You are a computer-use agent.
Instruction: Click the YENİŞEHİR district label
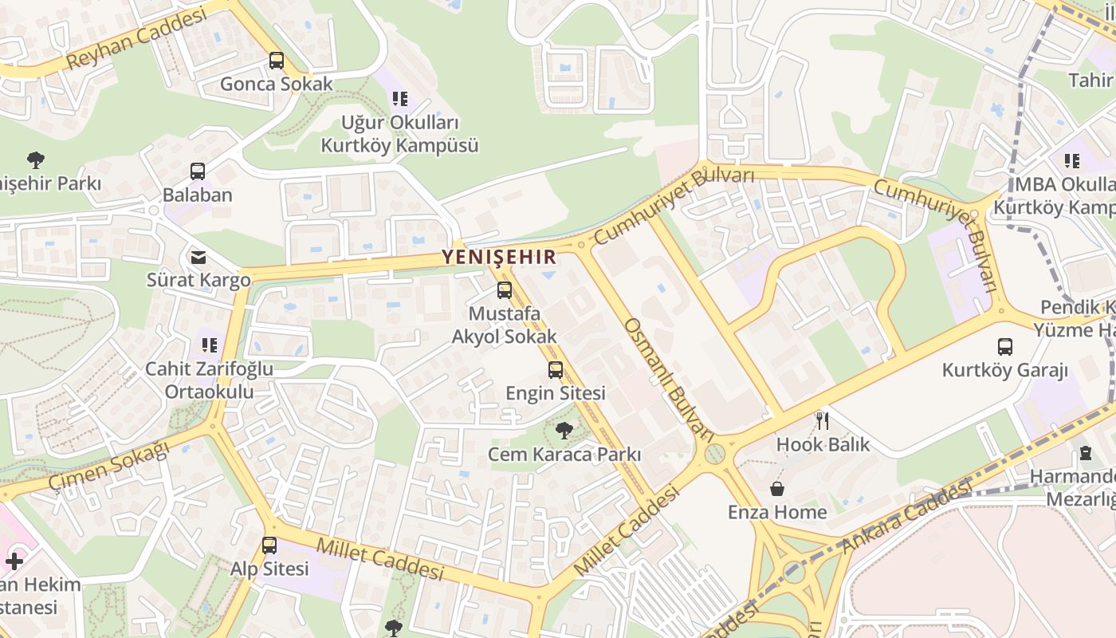(499, 257)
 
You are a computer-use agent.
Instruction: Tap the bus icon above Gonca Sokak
(276, 61)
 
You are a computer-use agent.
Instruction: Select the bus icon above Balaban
(197, 171)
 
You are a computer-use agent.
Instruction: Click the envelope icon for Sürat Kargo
(198, 257)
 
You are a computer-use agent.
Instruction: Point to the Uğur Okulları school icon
(399, 99)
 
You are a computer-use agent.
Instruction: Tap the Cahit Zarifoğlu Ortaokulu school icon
(209, 345)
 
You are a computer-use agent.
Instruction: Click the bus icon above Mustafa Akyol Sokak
(504, 290)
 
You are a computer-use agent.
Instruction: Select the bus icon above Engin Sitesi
(555, 370)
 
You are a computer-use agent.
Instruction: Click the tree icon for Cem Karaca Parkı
(564, 431)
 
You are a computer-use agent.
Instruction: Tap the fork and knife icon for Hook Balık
(823, 420)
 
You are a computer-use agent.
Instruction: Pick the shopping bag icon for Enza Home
(776, 488)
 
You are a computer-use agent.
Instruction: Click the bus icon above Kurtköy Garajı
(1004, 347)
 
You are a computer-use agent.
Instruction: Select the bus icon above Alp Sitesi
(269, 545)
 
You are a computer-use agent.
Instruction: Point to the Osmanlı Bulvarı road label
(668, 380)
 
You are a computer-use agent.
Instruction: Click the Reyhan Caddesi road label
(136, 38)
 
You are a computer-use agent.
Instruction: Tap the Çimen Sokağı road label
(109, 467)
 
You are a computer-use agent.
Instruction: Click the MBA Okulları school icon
(1072, 161)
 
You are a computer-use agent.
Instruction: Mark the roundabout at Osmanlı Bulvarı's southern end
(715, 454)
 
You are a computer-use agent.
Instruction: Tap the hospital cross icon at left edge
(14, 561)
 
